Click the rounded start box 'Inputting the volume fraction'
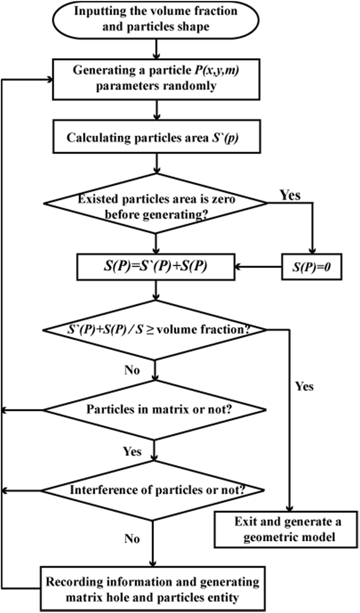point(155,19)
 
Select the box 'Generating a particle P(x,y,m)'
point(155,78)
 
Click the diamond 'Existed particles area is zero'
point(155,204)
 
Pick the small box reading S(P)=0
point(311,267)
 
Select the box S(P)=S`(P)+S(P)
point(155,267)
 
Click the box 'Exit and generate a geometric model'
point(286,529)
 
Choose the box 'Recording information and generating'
point(152,589)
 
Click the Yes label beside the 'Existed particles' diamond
point(290,195)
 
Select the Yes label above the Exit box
point(304,387)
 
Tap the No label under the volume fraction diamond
point(132,370)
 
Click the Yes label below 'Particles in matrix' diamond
point(132,451)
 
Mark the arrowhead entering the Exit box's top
point(289,509)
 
